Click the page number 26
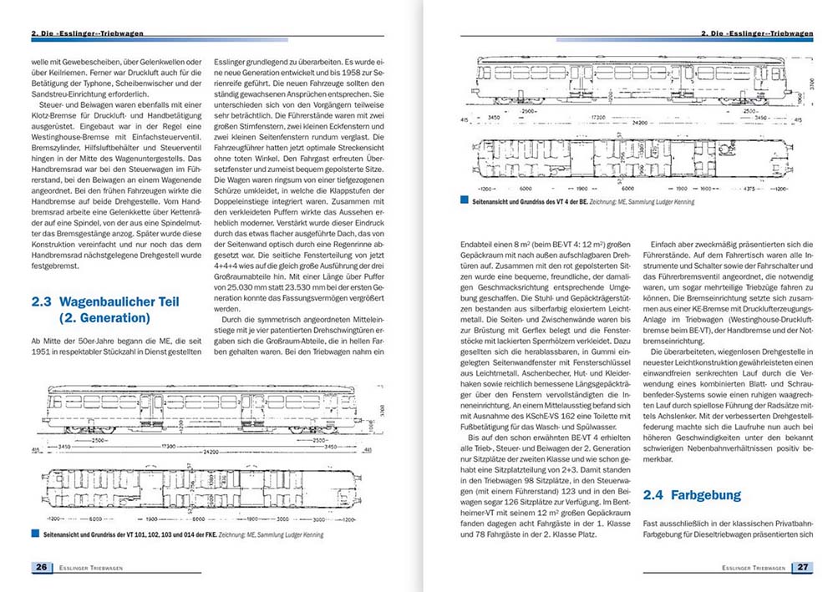pos(41,568)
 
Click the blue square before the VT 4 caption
pos(463,201)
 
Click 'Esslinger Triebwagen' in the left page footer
pos(93,568)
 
